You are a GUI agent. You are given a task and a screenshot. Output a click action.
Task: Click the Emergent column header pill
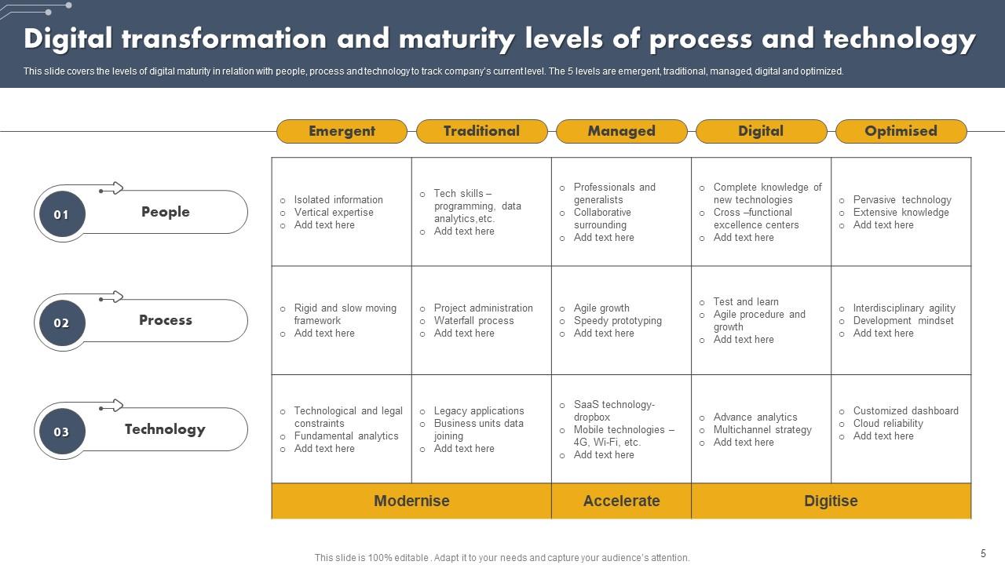click(342, 131)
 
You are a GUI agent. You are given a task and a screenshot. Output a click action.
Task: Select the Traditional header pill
click(481, 131)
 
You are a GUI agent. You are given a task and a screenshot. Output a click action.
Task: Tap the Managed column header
click(621, 131)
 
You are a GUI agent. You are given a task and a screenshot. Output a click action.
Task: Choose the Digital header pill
click(761, 131)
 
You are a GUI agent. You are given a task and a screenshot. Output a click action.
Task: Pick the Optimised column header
click(901, 131)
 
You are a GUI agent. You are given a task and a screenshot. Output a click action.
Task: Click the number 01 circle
click(61, 214)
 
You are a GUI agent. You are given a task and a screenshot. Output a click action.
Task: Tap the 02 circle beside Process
click(61, 323)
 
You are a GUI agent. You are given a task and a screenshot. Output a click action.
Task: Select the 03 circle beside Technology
click(61, 432)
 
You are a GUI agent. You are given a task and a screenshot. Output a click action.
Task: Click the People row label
click(165, 212)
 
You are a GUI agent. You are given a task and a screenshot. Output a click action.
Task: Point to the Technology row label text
click(165, 429)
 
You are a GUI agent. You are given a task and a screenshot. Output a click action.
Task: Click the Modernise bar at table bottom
click(411, 501)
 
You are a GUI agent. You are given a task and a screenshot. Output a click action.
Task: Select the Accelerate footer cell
click(621, 501)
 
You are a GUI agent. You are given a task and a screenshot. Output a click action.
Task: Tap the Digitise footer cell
click(831, 501)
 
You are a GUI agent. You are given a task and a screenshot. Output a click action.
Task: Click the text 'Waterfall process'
click(473, 320)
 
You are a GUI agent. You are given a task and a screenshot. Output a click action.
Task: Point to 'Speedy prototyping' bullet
click(617, 320)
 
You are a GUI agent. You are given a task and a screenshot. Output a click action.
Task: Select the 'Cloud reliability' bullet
click(888, 423)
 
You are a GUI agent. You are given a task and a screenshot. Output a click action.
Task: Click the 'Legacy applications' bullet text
click(479, 410)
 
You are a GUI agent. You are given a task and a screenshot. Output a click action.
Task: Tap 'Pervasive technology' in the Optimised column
click(902, 199)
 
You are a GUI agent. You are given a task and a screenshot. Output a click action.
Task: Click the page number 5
click(983, 553)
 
